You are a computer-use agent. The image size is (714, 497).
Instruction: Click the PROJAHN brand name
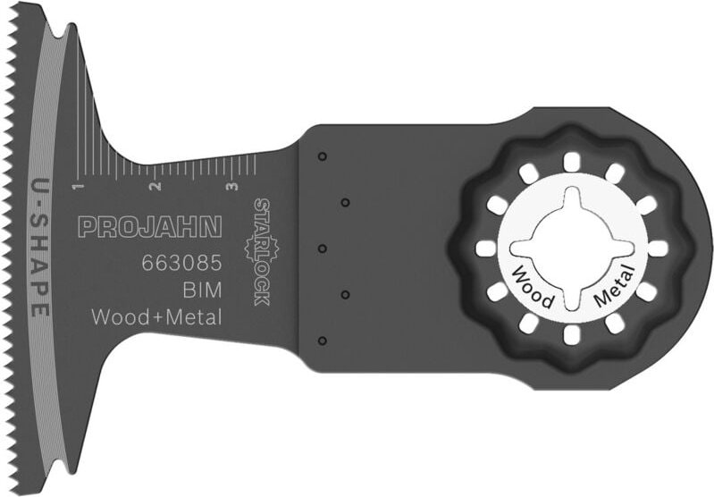[149, 226]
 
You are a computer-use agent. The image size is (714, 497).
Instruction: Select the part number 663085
[181, 265]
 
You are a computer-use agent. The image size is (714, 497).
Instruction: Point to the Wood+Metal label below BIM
[156, 316]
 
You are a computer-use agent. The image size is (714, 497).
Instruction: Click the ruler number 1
[78, 185]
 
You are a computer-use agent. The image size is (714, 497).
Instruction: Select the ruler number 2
[155, 187]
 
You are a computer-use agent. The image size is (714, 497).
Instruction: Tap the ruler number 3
[231, 187]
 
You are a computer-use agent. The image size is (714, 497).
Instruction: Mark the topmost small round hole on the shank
[323, 157]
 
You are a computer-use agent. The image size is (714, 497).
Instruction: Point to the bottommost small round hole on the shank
[323, 340]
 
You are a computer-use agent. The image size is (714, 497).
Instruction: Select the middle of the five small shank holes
[323, 248]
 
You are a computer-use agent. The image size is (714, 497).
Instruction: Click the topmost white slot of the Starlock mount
[568, 161]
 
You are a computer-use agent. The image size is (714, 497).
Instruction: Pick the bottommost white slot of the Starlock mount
[568, 335]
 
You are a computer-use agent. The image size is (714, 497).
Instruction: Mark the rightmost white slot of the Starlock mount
[657, 248]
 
